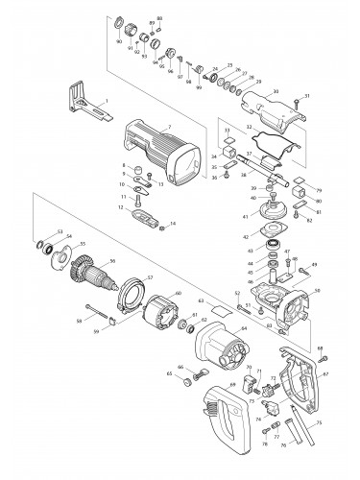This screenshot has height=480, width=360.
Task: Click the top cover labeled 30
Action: pyautogui.click(x=263, y=114)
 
